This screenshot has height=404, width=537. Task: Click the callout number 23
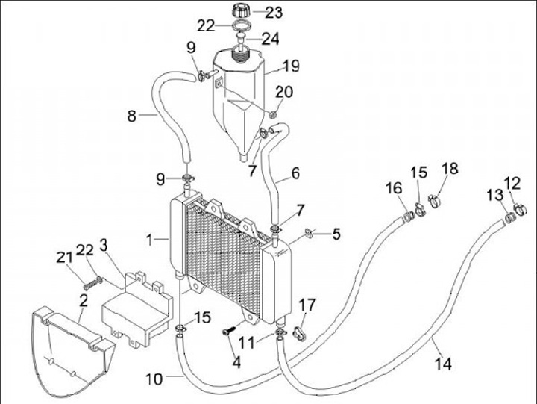point(274,13)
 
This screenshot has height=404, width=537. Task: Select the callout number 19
point(291,66)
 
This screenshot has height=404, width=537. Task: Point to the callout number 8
point(132,116)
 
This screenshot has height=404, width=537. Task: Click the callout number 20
point(284,92)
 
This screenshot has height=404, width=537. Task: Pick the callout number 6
point(295,173)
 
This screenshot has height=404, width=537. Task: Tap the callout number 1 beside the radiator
point(149,240)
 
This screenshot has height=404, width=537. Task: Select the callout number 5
point(336,234)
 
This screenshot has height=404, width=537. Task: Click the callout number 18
point(450,168)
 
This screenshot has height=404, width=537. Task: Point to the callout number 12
point(512,184)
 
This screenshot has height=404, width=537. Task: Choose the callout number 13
point(495,196)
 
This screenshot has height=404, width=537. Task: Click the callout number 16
point(394,188)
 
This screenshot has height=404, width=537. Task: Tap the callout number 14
point(443,364)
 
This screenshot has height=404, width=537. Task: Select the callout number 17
point(307,305)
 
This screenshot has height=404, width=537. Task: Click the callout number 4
point(236,362)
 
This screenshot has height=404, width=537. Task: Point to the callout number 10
point(154,379)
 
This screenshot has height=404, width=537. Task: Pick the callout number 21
point(64,258)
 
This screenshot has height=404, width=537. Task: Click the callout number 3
point(103,245)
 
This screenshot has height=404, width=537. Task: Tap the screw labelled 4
point(229,331)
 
